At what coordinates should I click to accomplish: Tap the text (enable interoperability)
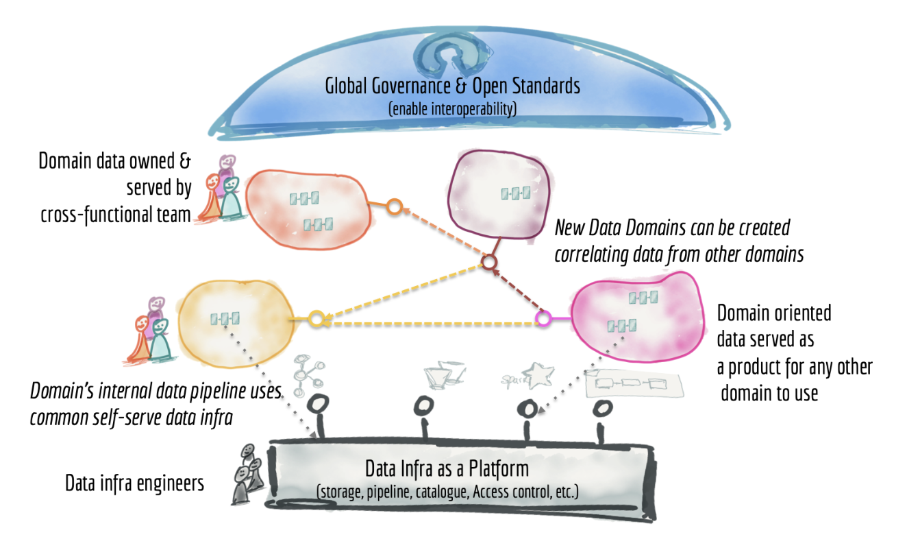click(x=452, y=109)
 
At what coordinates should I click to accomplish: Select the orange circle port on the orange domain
click(x=395, y=206)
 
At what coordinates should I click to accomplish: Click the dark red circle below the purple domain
click(x=489, y=263)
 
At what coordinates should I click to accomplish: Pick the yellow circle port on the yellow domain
click(x=316, y=319)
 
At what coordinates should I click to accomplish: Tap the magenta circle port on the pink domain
click(x=543, y=319)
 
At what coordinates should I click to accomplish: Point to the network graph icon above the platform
click(x=308, y=374)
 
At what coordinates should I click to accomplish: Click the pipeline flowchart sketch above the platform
click(x=634, y=383)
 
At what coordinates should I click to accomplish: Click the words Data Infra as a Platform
click(x=447, y=469)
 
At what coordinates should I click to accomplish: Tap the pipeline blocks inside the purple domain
click(x=515, y=193)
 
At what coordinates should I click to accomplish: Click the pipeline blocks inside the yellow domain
click(x=225, y=319)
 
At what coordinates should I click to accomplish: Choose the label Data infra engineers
click(x=134, y=483)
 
